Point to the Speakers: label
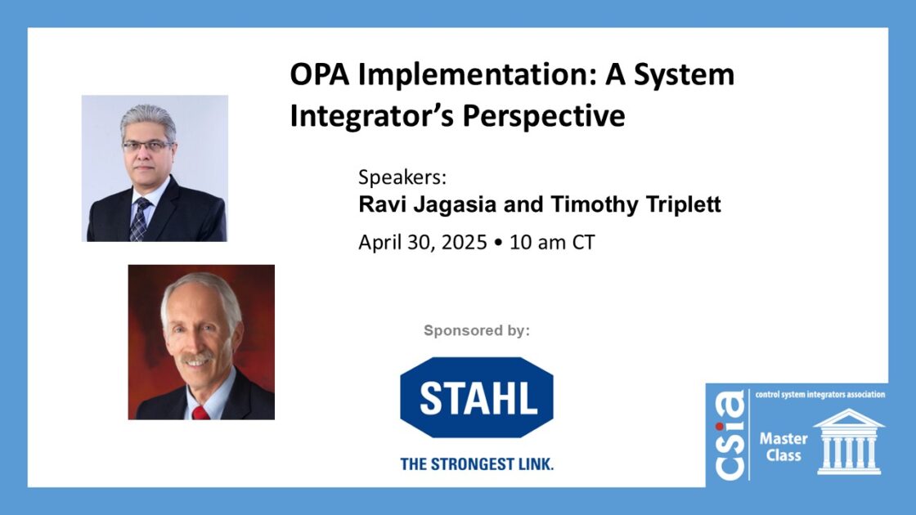tap(402, 177)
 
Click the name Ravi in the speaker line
tap(378, 204)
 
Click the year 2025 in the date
tap(464, 242)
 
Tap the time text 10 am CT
tap(552, 242)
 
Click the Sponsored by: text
tap(477, 330)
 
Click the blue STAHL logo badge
tap(477, 397)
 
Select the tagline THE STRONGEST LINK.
tap(477, 464)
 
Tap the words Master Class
tap(784, 446)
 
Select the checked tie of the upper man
tap(139, 219)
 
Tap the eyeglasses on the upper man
tap(147, 146)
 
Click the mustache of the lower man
tap(196, 356)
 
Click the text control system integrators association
tap(820, 395)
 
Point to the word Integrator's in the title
tap(371, 116)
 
